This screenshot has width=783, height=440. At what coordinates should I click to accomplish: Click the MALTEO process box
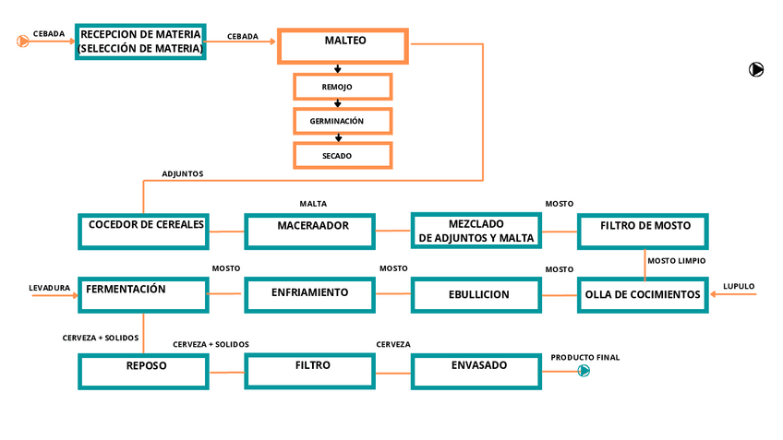(x=343, y=46)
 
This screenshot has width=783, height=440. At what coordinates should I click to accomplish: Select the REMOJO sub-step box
(x=343, y=87)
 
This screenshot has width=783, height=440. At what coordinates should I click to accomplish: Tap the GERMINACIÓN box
(x=343, y=121)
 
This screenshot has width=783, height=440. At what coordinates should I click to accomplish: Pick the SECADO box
(x=343, y=156)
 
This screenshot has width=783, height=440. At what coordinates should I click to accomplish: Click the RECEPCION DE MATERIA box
(x=140, y=42)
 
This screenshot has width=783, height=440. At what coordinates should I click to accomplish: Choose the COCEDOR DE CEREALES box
(x=144, y=231)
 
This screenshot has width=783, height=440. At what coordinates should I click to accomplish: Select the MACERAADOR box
(x=310, y=231)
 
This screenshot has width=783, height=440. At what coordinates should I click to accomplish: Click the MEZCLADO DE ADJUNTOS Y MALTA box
(x=476, y=231)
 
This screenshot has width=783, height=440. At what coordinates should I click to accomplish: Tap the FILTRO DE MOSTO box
(x=644, y=231)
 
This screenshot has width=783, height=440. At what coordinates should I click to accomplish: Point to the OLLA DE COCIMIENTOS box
(x=644, y=294)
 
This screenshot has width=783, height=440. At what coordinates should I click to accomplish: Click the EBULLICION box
(x=476, y=294)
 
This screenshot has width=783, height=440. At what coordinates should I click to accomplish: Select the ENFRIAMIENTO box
(x=310, y=294)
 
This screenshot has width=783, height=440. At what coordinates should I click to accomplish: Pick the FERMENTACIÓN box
(x=144, y=294)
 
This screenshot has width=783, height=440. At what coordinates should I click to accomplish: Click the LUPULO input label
(x=739, y=287)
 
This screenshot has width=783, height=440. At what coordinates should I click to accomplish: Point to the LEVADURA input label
(x=50, y=288)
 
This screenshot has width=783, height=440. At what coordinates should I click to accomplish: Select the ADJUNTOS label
(x=183, y=173)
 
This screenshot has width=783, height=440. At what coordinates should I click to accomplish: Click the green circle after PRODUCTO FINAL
(x=584, y=371)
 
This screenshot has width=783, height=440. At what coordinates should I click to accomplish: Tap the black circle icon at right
(x=756, y=69)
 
